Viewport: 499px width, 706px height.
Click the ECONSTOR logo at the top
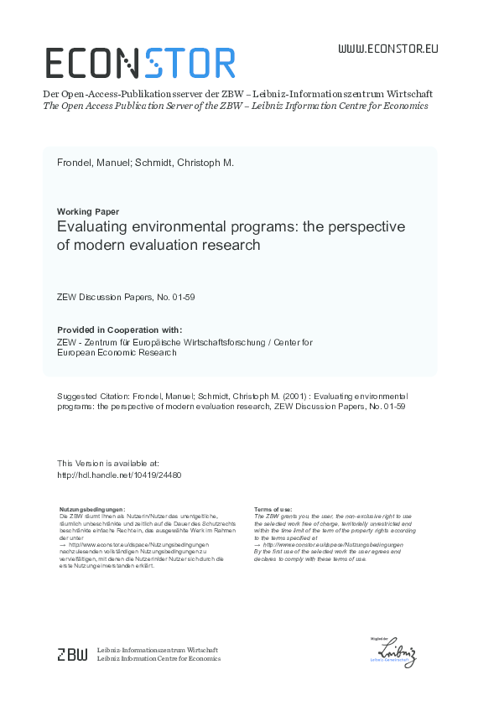click(139, 64)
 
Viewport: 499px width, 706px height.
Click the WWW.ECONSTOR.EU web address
click(387, 49)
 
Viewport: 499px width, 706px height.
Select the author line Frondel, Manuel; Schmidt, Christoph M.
click(145, 163)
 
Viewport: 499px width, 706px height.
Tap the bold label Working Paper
click(87, 211)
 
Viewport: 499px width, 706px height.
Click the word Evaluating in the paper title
click(94, 227)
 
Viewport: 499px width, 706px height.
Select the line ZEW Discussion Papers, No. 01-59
click(126, 297)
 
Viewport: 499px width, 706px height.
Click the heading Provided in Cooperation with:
click(119, 330)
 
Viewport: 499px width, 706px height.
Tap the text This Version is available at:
click(108, 463)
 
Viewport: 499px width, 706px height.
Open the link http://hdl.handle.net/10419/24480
click(119, 474)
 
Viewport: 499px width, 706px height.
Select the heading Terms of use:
click(273, 509)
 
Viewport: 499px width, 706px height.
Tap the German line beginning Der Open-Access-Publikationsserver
click(237, 94)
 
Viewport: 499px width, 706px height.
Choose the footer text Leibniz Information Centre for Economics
click(159, 659)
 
